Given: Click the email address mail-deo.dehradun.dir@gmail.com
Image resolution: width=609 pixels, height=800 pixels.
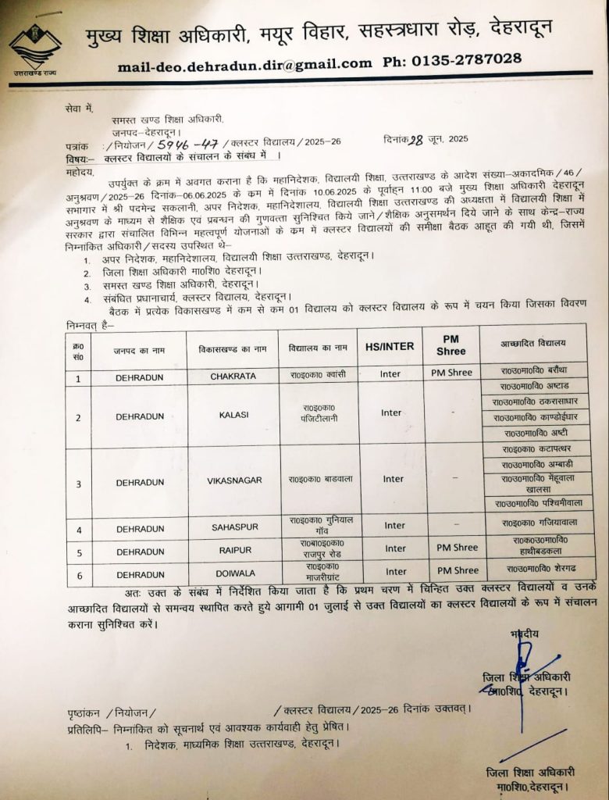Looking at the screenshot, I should click(x=245, y=65).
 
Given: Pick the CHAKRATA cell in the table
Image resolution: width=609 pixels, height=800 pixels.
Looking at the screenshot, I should click(x=233, y=376).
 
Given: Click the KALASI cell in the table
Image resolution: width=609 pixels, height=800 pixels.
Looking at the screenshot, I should click(x=233, y=415).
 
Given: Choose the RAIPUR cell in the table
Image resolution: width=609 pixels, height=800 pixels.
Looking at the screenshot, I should click(x=234, y=550).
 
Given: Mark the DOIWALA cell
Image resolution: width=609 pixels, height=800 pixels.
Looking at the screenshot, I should click(x=234, y=573).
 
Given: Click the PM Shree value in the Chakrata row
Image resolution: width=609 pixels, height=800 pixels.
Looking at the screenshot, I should click(x=451, y=373).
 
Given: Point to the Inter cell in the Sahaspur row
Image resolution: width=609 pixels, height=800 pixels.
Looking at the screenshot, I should click(x=394, y=526).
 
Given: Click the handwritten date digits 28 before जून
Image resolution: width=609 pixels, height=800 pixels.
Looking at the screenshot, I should click(x=423, y=140).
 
